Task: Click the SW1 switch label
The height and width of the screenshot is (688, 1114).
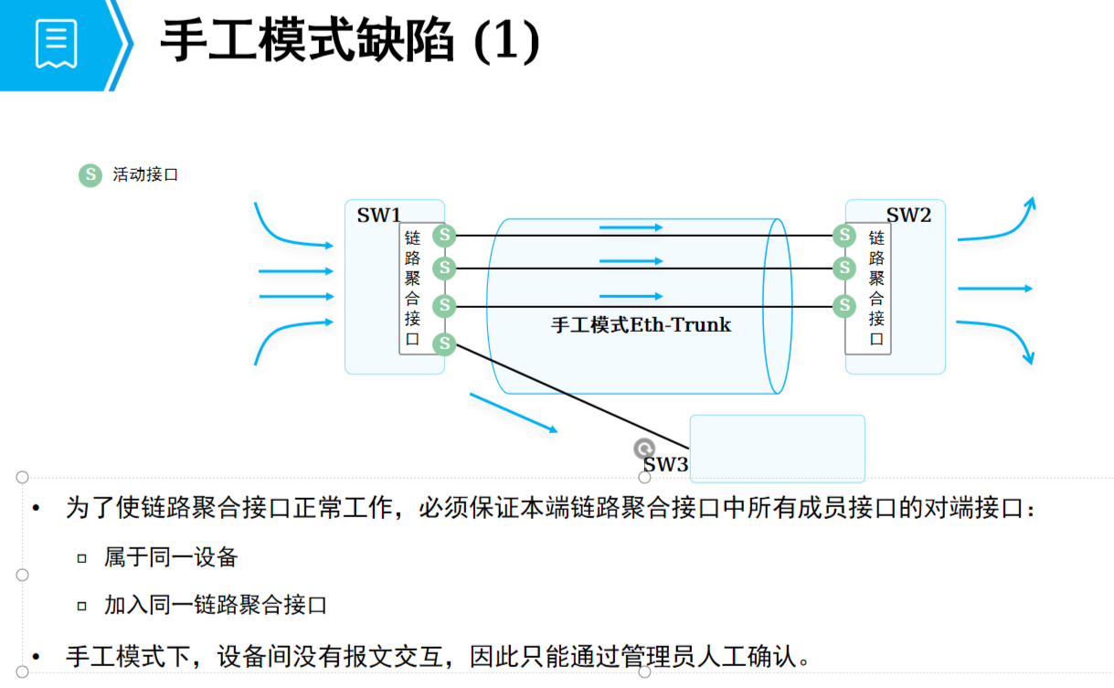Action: point(378,216)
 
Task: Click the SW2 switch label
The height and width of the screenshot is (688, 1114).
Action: point(908,216)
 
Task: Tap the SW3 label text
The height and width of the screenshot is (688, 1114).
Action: point(665,464)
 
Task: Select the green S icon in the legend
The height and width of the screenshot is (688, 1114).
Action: point(90,175)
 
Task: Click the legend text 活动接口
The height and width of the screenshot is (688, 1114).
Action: point(145,175)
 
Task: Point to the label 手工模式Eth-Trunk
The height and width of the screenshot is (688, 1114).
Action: point(641,324)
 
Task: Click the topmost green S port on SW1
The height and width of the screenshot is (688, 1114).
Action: point(444,236)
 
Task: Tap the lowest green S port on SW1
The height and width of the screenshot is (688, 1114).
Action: point(444,344)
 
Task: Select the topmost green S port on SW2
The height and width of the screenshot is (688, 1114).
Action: point(845,236)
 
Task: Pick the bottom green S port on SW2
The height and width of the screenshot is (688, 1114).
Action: point(845,306)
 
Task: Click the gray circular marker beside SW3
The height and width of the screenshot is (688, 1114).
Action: point(644,448)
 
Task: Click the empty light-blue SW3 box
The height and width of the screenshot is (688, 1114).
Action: point(777,448)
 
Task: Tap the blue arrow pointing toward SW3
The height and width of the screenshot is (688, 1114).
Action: point(513,412)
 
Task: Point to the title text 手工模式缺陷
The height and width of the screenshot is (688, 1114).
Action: point(306,42)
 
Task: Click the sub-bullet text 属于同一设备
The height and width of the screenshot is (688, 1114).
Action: point(171,556)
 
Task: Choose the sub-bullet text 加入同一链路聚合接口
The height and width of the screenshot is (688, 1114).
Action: point(216,605)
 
